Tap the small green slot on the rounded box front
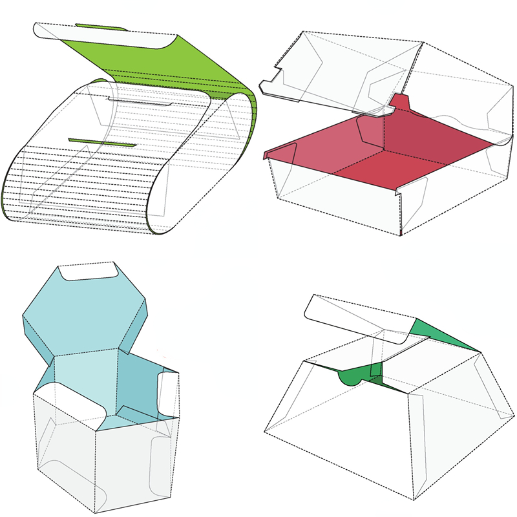tap(101, 142)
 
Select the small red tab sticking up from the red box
tap(402, 101)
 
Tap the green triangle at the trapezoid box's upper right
tap(446, 336)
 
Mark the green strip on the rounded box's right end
tap(254, 116)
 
